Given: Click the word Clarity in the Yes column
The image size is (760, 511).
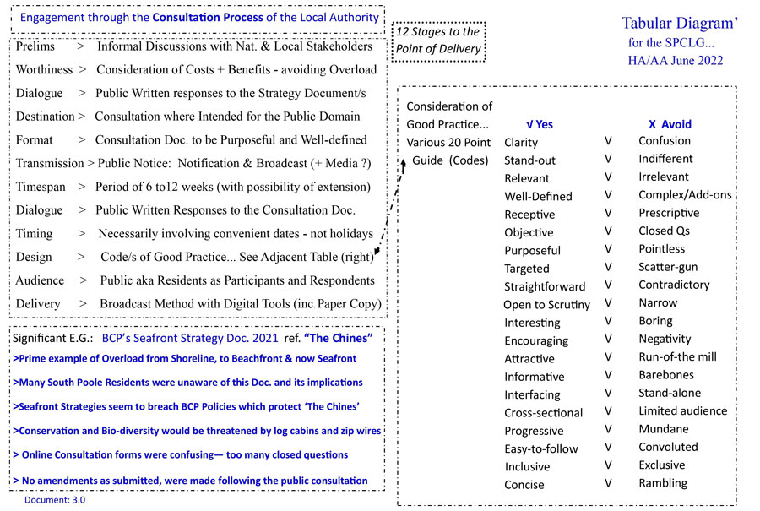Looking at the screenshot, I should (x=520, y=143).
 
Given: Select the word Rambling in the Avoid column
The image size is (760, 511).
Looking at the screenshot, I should (x=663, y=483).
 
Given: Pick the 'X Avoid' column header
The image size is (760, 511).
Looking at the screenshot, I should (x=670, y=124).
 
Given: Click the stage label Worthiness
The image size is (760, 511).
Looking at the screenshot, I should (x=44, y=69).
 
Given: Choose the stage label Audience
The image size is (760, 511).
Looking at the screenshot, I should (x=40, y=280).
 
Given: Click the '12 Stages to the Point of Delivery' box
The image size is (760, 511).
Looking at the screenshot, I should (x=439, y=40).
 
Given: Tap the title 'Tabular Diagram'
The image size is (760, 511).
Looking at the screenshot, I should (x=680, y=24).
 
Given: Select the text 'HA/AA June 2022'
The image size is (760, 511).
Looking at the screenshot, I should (x=676, y=60).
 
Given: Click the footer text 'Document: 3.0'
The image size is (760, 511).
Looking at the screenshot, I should (x=55, y=499).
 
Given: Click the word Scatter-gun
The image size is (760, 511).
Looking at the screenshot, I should (x=668, y=267).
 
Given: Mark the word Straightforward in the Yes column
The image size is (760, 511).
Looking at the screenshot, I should (x=545, y=286).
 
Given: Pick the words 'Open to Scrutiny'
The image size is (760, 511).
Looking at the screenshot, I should (x=546, y=305).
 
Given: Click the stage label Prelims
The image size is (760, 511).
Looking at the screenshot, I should (x=35, y=46).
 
